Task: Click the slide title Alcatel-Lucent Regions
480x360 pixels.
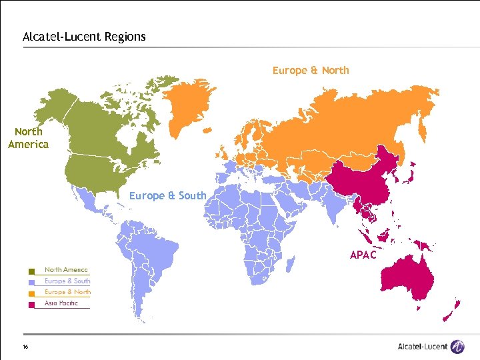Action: tap(84, 37)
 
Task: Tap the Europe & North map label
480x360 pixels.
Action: tap(311, 70)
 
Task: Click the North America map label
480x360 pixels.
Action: tap(28, 138)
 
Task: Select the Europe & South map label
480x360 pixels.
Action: tap(167, 195)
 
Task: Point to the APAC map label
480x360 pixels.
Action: tap(363, 255)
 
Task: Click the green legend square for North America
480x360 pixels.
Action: tap(31, 271)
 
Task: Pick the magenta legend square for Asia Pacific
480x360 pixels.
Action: tap(31, 305)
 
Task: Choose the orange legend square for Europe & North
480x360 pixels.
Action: tap(31, 293)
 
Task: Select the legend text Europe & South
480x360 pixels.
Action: tap(67, 281)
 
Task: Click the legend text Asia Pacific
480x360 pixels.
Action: tap(61, 303)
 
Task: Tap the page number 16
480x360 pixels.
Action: tap(25, 347)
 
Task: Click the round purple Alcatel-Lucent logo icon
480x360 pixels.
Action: tap(457, 346)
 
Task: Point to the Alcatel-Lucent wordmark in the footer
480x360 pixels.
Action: tap(423, 347)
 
